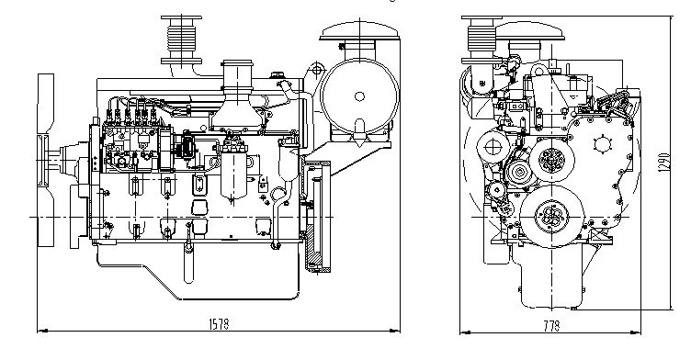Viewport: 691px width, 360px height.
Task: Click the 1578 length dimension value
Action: click(219, 324)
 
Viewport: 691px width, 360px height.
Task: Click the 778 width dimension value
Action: click(551, 326)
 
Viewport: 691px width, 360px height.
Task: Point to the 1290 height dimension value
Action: click(665, 163)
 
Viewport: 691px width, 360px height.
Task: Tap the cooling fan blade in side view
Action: click(45, 160)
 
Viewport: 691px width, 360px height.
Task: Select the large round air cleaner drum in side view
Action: click(359, 96)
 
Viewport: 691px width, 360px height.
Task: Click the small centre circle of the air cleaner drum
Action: click(359, 96)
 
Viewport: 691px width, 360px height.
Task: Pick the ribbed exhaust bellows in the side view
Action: click(181, 40)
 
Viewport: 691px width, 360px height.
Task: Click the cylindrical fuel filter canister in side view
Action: click(233, 171)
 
